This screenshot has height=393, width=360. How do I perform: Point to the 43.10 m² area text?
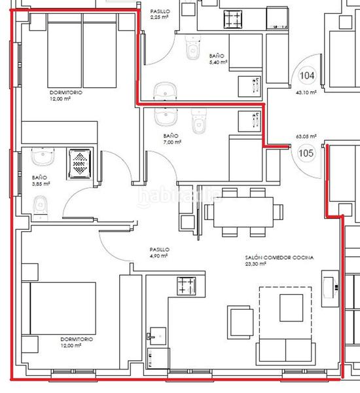coord(306,93)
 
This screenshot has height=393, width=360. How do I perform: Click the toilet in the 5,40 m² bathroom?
coord(192,50)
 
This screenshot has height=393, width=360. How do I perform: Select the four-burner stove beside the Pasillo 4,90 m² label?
coord(186,286)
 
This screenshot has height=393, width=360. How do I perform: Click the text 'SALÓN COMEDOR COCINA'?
coord(276,258)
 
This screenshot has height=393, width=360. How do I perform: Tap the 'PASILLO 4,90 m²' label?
coord(159,253)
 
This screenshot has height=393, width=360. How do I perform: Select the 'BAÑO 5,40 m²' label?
coord(218,59)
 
